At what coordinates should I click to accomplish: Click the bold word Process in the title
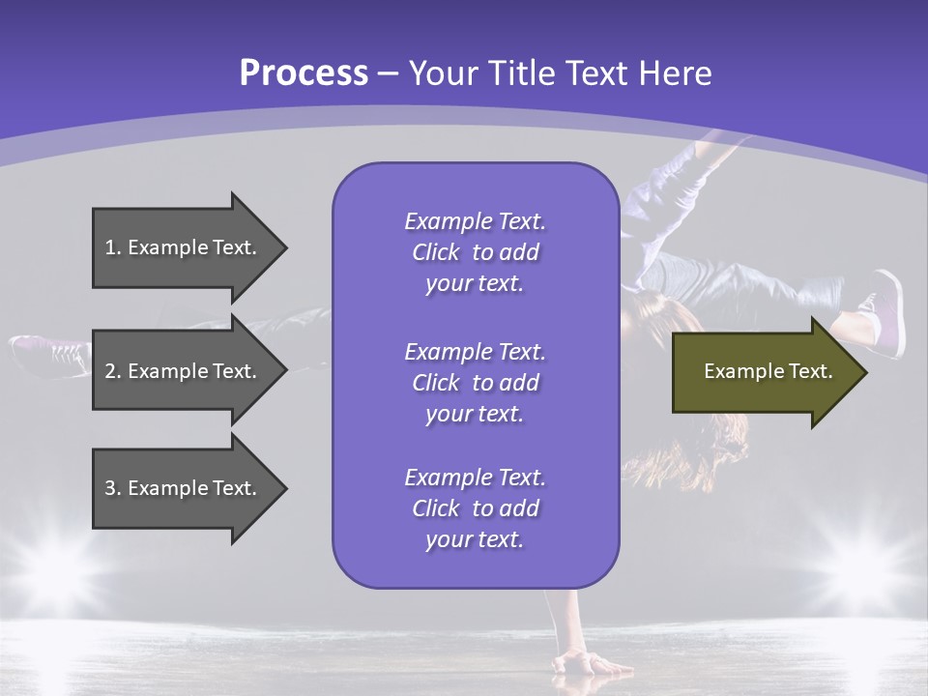tap(304, 73)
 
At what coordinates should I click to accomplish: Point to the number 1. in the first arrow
tap(113, 247)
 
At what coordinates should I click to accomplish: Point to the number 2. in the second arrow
tap(113, 371)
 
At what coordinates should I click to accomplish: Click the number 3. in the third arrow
tap(113, 488)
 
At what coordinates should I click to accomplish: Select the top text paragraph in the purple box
tap(475, 252)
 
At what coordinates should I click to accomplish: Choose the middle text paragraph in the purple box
tap(475, 383)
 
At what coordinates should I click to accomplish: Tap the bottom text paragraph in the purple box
tap(475, 508)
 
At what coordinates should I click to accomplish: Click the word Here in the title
tap(677, 73)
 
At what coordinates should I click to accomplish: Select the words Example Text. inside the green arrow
tap(768, 371)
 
